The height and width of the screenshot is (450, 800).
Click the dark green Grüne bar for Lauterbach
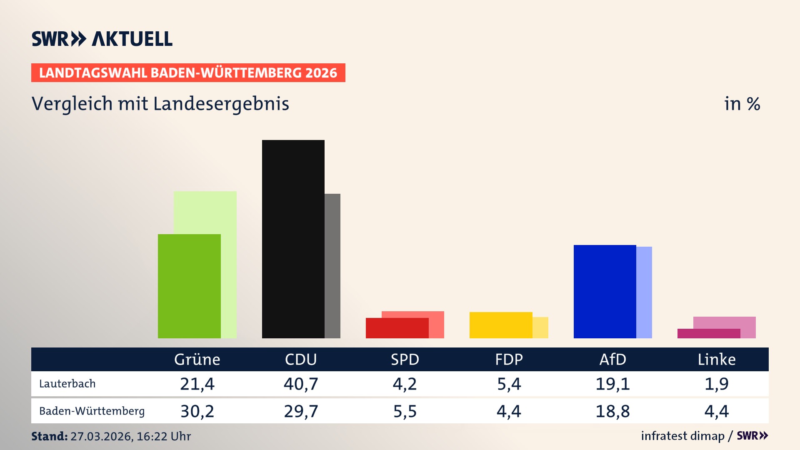[x=189, y=286]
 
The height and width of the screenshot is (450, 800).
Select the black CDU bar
[x=293, y=239]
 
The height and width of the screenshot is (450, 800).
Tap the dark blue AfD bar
[x=605, y=291]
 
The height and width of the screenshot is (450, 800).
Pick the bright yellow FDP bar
[x=501, y=325]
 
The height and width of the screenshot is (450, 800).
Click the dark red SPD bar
[x=397, y=328]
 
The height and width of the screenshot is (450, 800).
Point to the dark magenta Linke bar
[x=708, y=333]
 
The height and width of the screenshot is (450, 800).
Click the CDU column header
[x=301, y=360]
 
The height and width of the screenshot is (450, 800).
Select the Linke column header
[x=717, y=360]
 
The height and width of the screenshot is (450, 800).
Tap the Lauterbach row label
[x=67, y=384]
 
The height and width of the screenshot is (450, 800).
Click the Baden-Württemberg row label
[x=92, y=411]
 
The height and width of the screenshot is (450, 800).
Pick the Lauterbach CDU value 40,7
[x=301, y=384]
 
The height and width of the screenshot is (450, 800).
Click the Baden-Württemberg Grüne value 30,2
[x=197, y=411]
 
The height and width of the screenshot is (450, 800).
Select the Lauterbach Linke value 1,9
[x=717, y=384]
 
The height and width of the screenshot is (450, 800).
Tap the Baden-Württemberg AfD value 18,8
[x=612, y=411]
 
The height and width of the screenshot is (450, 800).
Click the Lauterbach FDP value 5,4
[x=509, y=384]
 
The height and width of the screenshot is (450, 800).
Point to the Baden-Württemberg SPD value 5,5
[x=405, y=411]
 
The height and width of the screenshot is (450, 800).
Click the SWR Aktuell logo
[x=102, y=39]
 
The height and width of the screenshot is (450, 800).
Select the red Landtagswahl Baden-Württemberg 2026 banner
[x=188, y=73]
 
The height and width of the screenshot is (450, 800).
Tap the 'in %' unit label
[x=742, y=104]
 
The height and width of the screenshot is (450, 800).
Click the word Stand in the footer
[x=49, y=436]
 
